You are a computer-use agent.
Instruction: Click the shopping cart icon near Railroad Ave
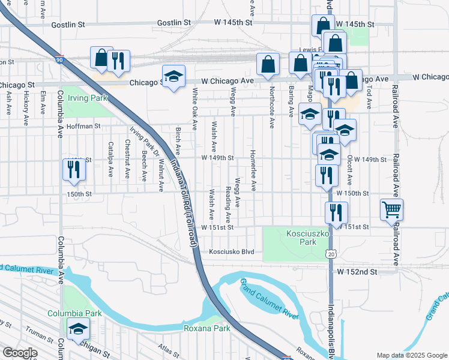(391, 209)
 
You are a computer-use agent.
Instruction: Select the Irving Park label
(88, 98)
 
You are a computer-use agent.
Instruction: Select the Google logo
(19, 353)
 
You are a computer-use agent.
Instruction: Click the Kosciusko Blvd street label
(232, 252)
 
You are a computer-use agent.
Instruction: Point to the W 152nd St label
(357, 272)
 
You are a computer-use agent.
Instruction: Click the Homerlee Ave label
(254, 170)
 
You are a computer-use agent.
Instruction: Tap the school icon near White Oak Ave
(173, 76)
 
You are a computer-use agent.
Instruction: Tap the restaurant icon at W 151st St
(336, 212)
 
